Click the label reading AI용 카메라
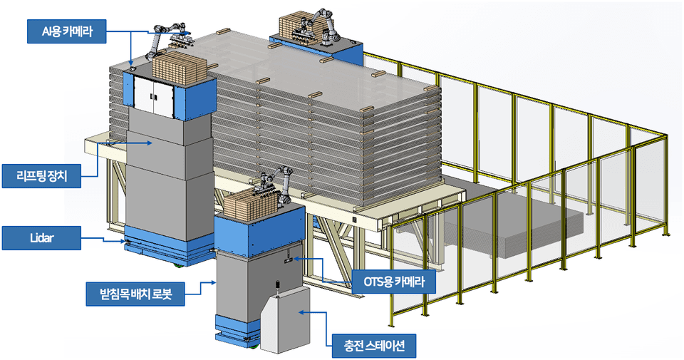click(67, 31)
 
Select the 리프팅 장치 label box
click(41, 176)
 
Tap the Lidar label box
click(41, 238)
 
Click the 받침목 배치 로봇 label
click(135, 294)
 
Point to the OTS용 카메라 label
click(394, 282)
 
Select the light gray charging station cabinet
click(285, 318)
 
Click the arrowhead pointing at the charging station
click(301, 312)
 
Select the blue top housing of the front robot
click(259, 230)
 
